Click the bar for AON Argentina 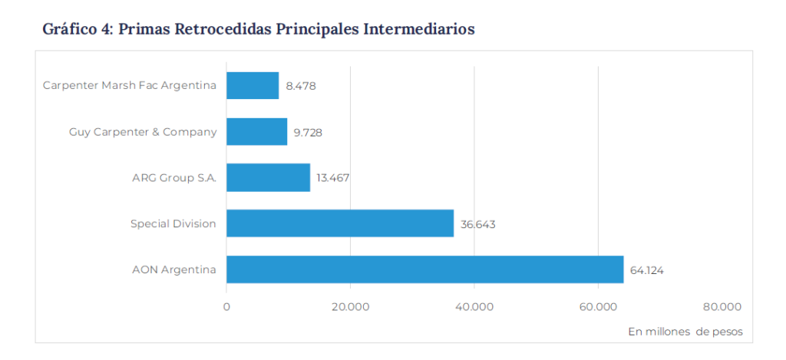[424, 269]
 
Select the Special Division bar [339, 223]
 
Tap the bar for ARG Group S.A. [268, 177]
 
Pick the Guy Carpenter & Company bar [256, 132]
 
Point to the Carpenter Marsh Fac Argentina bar [253, 86]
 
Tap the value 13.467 [333, 178]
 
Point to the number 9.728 [308, 133]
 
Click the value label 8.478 [301, 87]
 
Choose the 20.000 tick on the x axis [351, 307]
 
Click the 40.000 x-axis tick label [474, 307]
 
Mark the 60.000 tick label [598, 307]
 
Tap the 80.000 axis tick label [722, 307]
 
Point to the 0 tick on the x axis [226, 307]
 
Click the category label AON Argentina [174, 270]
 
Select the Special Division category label [173, 224]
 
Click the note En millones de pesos [685, 332]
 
